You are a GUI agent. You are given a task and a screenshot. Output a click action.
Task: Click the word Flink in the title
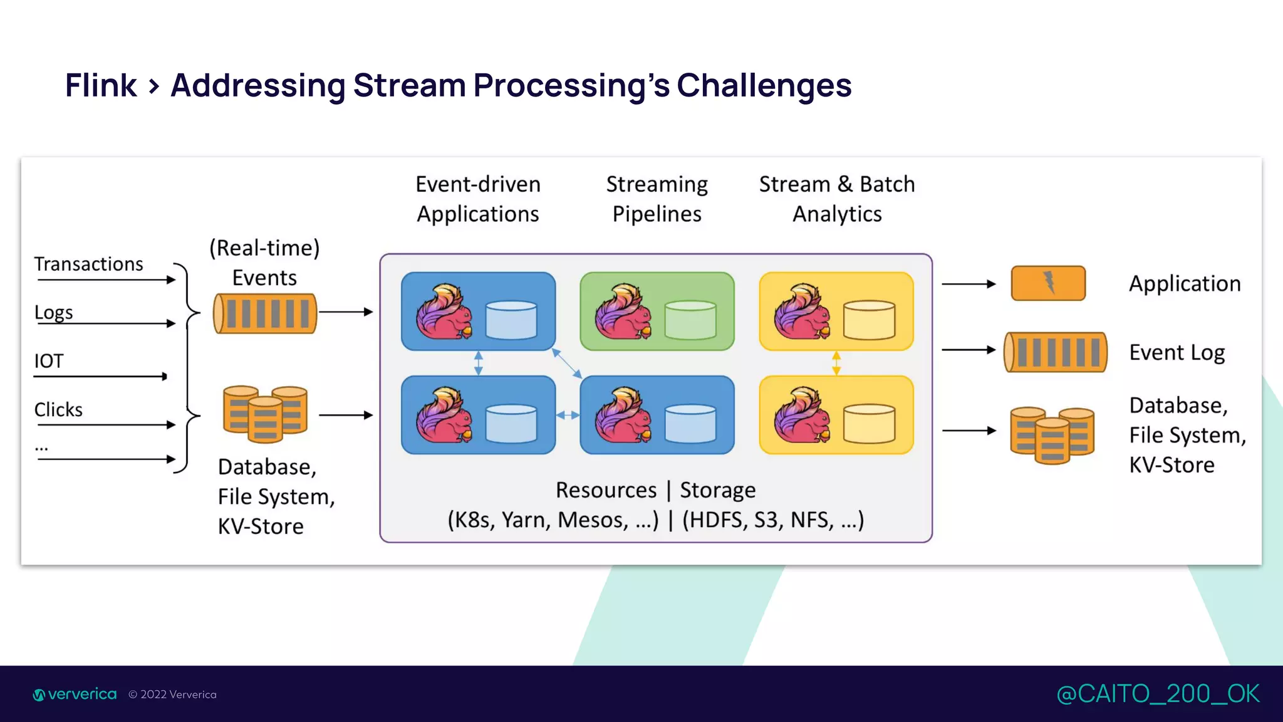(101, 85)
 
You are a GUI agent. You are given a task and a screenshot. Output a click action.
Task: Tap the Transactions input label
(88, 264)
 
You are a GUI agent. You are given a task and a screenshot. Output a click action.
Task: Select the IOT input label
(49, 361)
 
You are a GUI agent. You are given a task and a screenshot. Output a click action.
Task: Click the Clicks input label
(58, 410)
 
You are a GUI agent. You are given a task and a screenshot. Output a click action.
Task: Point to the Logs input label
(54, 312)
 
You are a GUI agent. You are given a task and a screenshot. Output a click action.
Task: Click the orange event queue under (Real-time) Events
(265, 313)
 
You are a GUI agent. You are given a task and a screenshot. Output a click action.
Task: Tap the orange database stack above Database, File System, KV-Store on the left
(265, 414)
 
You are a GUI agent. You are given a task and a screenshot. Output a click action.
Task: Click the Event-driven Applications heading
(478, 199)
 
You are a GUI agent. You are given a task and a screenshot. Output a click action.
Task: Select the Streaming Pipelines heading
(657, 199)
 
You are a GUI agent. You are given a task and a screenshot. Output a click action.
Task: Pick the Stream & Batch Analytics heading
(837, 199)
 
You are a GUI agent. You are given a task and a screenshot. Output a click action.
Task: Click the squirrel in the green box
(623, 311)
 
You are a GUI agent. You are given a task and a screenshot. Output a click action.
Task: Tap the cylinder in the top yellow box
(869, 320)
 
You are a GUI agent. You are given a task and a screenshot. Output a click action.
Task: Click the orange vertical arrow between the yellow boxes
(836, 364)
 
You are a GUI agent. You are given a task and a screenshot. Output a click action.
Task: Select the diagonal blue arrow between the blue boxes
(567, 364)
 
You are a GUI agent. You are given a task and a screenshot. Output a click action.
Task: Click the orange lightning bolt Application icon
(1048, 283)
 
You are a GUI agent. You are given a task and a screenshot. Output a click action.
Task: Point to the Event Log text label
(1177, 352)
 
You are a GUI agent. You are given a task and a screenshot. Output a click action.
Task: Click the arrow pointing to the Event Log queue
(969, 350)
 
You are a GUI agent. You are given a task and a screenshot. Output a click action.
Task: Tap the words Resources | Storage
(655, 490)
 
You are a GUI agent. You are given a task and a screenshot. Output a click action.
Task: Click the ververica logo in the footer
(75, 694)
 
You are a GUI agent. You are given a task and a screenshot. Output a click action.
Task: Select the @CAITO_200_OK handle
(1158, 694)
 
